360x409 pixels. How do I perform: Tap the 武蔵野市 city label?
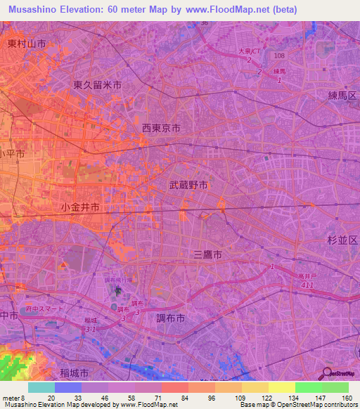pyautogui.click(x=188, y=186)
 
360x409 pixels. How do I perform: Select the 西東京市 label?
pyautogui.click(x=161, y=129)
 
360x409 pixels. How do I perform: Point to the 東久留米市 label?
pyautogui.click(x=98, y=84)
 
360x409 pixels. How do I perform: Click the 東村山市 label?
pyautogui.click(x=27, y=44)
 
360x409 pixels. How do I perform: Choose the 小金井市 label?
pyautogui.click(x=79, y=207)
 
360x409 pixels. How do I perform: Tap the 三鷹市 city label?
pyautogui.click(x=207, y=256)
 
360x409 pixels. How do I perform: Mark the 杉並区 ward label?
pyautogui.click(x=342, y=240)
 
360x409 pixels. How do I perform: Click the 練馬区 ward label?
pyautogui.click(x=342, y=95)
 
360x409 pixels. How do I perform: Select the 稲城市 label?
pyautogui.click(x=74, y=372)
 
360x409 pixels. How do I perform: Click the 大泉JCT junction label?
pyautogui.click(x=250, y=51)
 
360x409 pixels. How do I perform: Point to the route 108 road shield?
pyautogui.click(x=280, y=55)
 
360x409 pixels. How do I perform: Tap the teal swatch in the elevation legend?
pyautogui.click(x=41, y=387)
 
